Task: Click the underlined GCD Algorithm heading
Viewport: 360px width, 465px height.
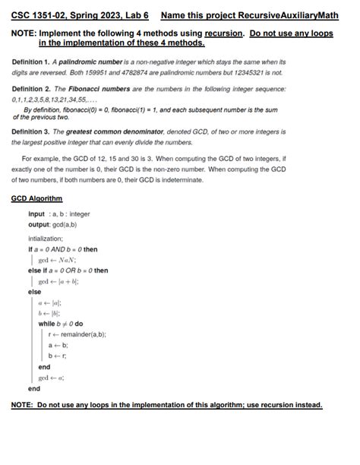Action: tap(36, 198)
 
